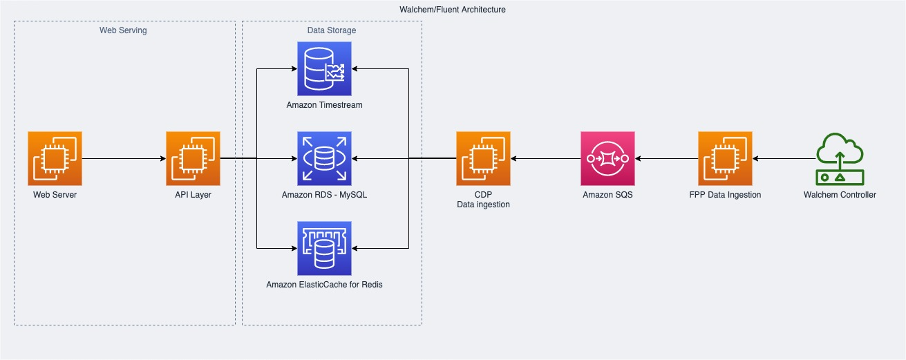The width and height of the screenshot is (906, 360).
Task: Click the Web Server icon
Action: [55, 158]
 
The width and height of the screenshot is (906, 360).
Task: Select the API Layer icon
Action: [193, 158]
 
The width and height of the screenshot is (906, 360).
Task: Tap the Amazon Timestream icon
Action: [324, 69]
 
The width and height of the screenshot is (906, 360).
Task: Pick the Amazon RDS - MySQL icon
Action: [324, 158]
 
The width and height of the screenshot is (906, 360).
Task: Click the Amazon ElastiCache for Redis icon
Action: [324, 248]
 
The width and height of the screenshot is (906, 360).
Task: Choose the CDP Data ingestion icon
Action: [483, 158]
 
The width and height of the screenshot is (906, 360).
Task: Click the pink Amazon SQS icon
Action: [607, 158]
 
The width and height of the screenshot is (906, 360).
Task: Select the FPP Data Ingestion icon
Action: [725, 158]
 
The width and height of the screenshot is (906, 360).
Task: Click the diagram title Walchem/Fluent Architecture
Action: [453, 9]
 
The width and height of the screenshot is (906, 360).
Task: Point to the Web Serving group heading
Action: [123, 30]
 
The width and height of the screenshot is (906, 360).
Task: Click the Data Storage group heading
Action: [332, 30]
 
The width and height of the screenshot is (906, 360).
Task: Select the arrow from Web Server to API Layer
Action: [124, 158]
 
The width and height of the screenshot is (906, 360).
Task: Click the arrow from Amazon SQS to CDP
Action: [546, 158]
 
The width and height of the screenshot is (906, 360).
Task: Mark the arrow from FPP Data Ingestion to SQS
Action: [667, 158]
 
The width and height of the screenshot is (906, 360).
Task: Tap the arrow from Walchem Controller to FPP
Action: [784, 158]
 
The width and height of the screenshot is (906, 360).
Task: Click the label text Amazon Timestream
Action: [324, 105]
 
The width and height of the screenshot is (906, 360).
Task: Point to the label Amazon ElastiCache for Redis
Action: [324, 285]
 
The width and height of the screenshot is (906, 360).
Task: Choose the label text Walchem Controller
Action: [840, 195]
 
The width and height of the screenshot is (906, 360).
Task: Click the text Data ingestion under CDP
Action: [483, 205]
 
